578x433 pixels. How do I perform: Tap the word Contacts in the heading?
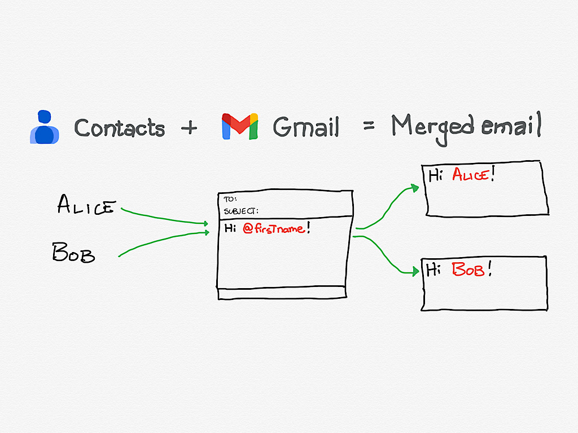pos(120,128)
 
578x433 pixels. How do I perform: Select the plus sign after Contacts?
pos(189,128)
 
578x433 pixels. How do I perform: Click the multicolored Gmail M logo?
pos(239,126)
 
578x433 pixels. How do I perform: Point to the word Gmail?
pos(305,127)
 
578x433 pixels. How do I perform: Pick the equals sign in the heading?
pos(369,126)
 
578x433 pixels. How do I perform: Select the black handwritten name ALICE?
pos(86,204)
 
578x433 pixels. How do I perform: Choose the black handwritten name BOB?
pos(73,252)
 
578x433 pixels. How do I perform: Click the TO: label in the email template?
pos(230,199)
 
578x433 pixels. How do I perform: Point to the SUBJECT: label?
pos(241,211)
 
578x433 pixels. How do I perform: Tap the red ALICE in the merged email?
pos(471,174)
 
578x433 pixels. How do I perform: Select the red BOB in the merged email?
pos(468,269)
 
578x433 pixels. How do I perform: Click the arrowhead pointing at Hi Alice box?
pos(415,188)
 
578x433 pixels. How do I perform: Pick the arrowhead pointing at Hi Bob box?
pos(415,272)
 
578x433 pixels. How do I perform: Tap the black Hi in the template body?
pos(230,228)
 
